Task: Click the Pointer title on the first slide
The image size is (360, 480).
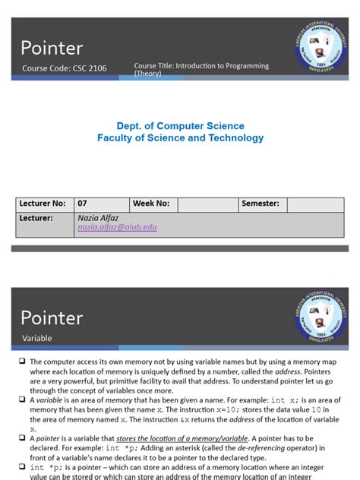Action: tap(52, 49)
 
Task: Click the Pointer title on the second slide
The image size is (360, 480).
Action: tap(52, 317)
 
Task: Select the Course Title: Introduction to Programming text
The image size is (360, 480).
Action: tap(201, 66)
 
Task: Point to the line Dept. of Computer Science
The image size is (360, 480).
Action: tap(180, 126)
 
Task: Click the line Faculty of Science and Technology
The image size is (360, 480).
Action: tap(180, 138)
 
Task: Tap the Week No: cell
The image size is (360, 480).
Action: tap(152, 204)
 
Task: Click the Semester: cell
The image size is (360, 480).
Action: tap(261, 204)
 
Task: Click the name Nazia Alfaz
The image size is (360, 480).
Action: tap(99, 217)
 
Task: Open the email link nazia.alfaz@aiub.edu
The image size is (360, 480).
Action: tap(117, 227)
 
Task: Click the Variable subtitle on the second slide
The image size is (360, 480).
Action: tap(36, 338)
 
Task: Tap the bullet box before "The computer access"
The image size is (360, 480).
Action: tap(23, 362)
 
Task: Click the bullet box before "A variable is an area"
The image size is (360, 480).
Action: tap(23, 400)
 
